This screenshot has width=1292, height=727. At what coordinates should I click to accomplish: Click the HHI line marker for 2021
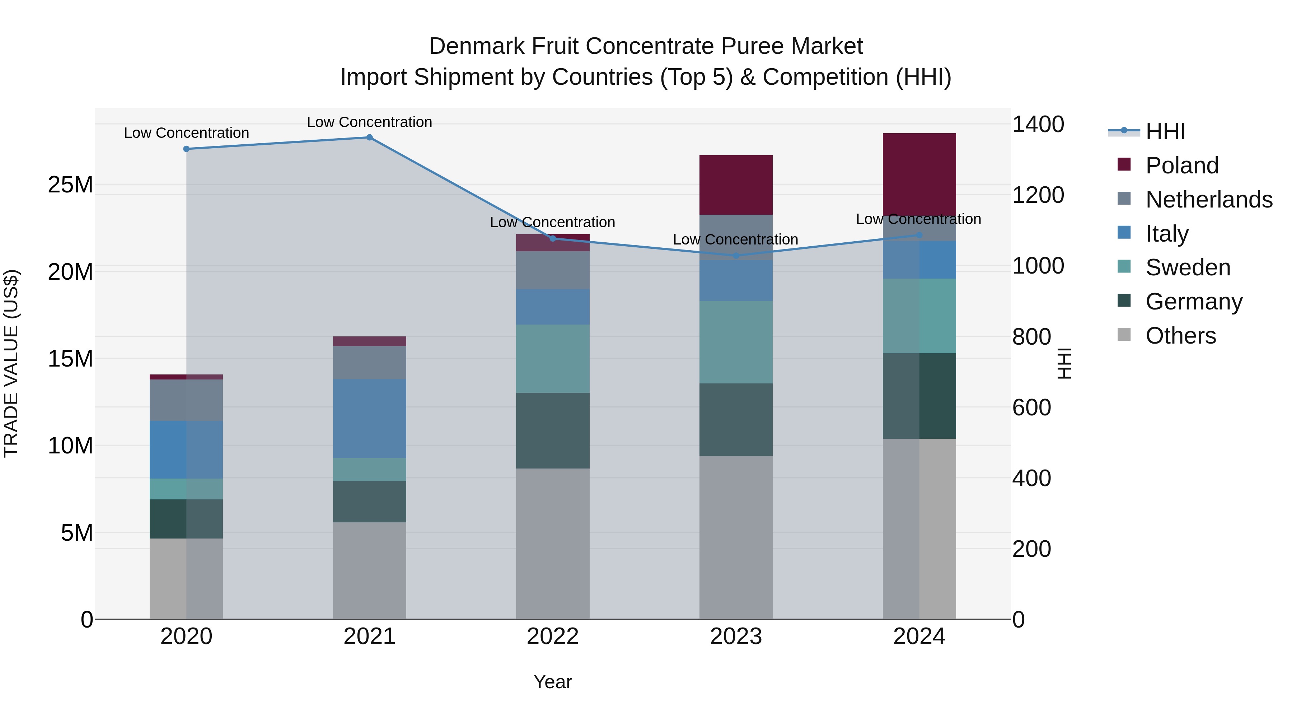(x=369, y=138)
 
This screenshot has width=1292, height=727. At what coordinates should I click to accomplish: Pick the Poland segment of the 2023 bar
(x=736, y=185)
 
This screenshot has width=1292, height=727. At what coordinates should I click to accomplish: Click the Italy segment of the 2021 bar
(x=369, y=419)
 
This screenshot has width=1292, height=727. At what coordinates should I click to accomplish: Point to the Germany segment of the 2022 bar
(x=553, y=430)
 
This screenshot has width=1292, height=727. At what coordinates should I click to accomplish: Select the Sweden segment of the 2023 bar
(x=736, y=342)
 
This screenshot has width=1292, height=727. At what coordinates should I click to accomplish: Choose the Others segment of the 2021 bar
(x=369, y=570)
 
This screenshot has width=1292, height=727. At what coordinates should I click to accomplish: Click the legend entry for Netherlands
(x=1209, y=200)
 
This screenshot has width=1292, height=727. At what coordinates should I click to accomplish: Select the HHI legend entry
(x=1165, y=131)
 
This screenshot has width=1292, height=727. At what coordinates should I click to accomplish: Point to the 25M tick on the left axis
(x=70, y=185)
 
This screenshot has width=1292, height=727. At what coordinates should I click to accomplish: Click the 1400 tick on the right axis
(x=1038, y=125)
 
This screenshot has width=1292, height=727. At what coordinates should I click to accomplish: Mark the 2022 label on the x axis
(x=553, y=637)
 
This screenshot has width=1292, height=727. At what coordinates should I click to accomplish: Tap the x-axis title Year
(x=553, y=682)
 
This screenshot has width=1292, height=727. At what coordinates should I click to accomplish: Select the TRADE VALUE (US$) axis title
(x=11, y=363)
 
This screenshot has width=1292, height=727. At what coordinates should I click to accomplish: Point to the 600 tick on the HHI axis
(x=1031, y=408)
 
